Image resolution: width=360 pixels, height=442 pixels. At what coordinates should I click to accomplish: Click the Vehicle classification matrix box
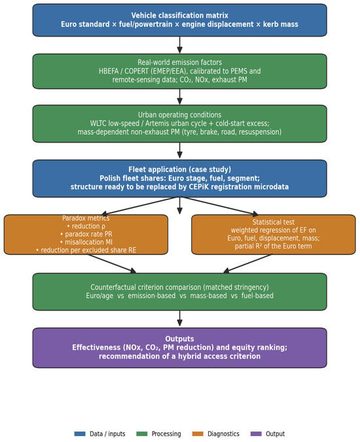pyautogui.click(x=180, y=20)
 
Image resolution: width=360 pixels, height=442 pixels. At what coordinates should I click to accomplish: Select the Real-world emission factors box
pyautogui.click(x=180, y=71)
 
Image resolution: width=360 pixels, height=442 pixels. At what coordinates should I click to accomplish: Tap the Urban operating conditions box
pyautogui.click(x=180, y=124)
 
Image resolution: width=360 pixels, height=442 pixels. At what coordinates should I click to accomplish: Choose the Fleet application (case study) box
pyautogui.click(x=180, y=178)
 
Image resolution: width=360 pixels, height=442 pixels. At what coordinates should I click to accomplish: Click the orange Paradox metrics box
pyautogui.click(x=86, y=235)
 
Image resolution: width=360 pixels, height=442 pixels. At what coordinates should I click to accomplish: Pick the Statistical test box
pyautogui.click(x=274, y=235)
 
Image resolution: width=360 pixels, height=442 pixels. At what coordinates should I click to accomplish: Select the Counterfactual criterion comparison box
pyautogui.click(x=180, y=292)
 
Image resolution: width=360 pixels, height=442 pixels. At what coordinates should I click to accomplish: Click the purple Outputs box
pyautogui.click(x=180, y=348)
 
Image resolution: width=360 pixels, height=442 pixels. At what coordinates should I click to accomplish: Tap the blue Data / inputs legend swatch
pyautogui.click(x=80, y=433)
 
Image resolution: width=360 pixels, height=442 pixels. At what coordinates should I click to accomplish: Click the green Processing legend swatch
pyautogui.click(x=141, y=433)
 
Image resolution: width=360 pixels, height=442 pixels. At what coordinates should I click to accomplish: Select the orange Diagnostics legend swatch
pyautogui.click(x=198, y=433)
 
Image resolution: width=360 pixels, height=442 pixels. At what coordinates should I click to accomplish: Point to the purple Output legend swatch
pyautogui.click(x=256, y=433)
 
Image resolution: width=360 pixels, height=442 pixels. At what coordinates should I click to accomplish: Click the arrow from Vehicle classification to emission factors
pyautogui.click(x=180, y=45)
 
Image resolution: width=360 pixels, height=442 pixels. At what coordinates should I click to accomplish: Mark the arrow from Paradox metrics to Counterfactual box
pyautogui.click(x=112, y=264)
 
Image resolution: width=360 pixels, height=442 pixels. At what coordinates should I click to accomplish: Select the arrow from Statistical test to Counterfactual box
pyautogui.click(x=247, y=264)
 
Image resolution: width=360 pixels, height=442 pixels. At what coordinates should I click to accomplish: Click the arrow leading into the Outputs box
pyautogui.click(x=180, y=319)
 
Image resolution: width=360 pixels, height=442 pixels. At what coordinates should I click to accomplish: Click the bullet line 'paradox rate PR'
pyautogui.click(x=86, y=234)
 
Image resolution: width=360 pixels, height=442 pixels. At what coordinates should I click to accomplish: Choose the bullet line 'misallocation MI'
pyautogui.click(x=86, y=242)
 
